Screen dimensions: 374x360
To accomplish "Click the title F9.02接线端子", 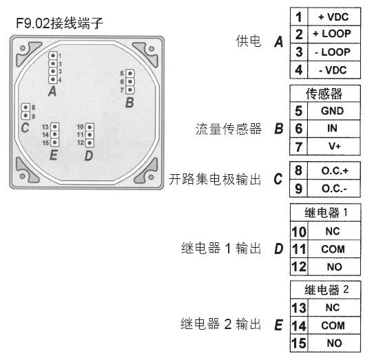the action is pyautogui.click(x=60, y=23).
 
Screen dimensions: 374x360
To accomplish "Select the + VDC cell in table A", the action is pyautogui.click(x=333, y=17).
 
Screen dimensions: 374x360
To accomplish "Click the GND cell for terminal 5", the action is pyautogui.click(x=333, y=111).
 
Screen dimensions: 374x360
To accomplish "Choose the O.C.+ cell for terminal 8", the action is pyautogui.click(x=335, y=171).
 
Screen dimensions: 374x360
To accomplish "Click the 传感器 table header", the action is pyautogui.click(x=324, y=94).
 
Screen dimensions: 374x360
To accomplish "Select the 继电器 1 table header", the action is pyautogui.click(x=326, y=213).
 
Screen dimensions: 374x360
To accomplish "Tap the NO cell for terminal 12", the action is pyautogui.click(x=335, y=267).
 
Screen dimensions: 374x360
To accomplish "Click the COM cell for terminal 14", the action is pyautogui.click(x=333, y=326).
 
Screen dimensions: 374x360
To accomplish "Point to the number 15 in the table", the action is pyautogui.click(x=299, y=343).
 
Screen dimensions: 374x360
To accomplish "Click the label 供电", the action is pyautogui.click(x=249, y=41).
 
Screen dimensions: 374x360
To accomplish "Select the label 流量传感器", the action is pyautogui.click(x=229, y=129).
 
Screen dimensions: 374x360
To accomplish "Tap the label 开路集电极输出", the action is pyautogui.click(x=215, y=179).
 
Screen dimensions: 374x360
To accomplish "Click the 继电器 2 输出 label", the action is pyautogui.click(x=220, y=324).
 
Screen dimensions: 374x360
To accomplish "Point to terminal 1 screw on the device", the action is pyautogui.click(x=53, y=56).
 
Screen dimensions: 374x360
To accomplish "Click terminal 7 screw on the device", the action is pyautogui.click(x=130, y=90).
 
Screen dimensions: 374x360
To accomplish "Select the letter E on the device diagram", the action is pyautogui.click(x=54, y=155).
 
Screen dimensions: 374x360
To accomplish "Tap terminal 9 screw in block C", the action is pyautogui.click(x=25, y=116).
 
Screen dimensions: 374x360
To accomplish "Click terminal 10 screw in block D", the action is pyautogui.click(x=90, y=127).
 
